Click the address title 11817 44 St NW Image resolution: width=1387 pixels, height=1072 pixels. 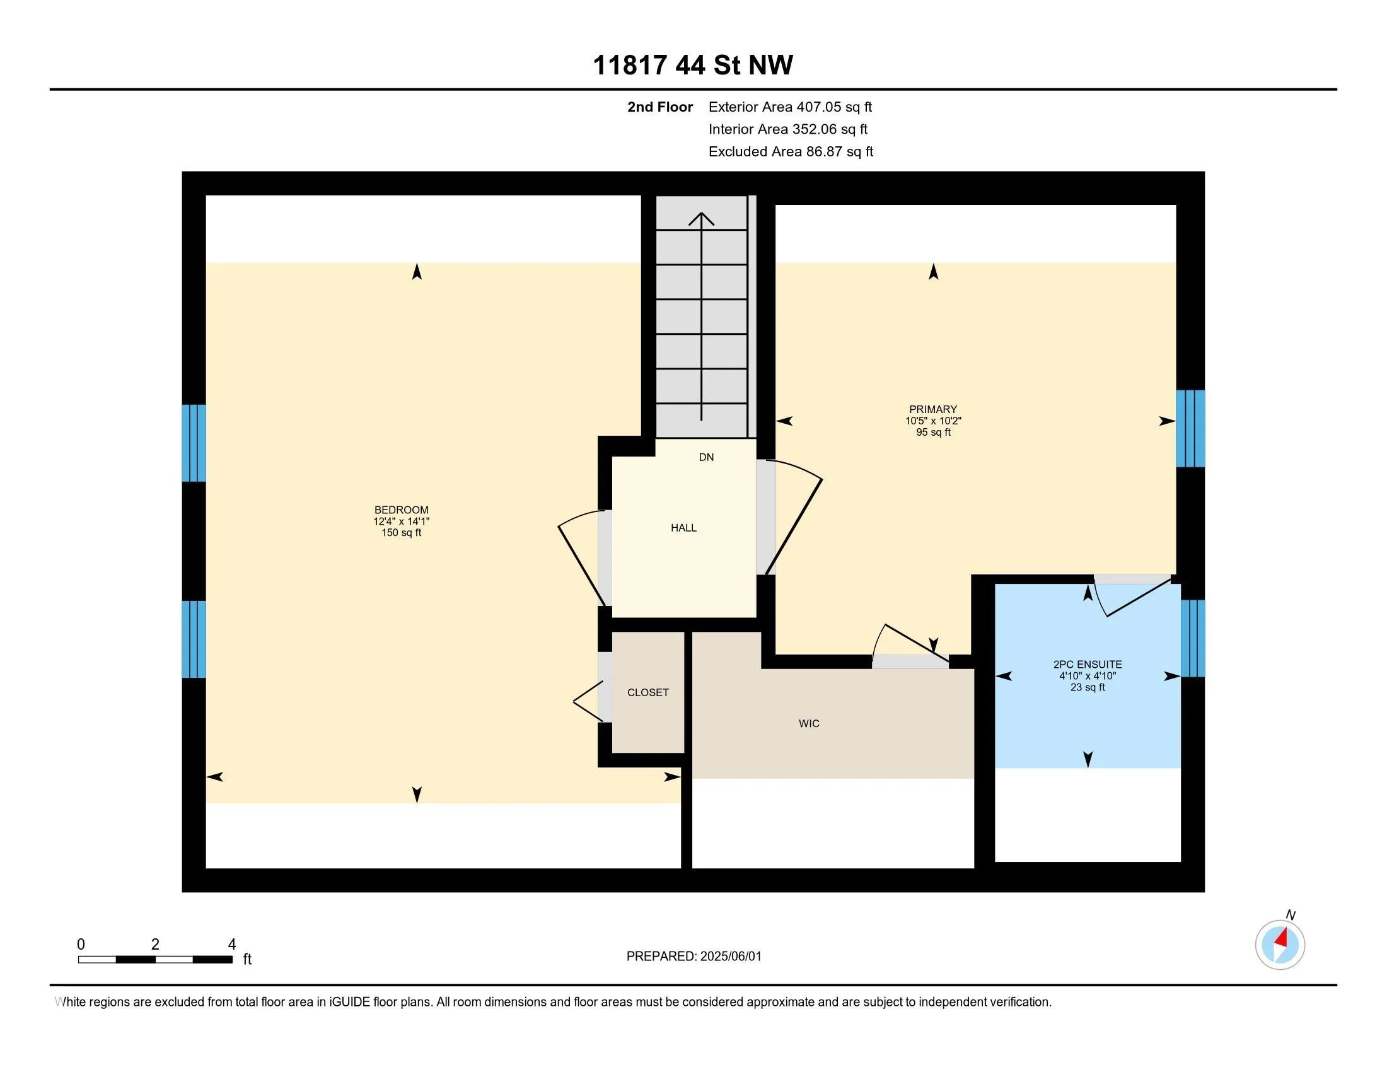tap(693, 65)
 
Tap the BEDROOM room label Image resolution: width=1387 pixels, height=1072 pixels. tap(402, 510)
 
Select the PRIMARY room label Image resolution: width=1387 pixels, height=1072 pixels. tap(933, 410)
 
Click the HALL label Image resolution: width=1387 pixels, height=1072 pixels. tap(683, 528)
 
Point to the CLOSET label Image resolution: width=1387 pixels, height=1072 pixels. tap(647, 692)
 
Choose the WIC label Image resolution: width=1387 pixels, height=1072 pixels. tap(809, 723)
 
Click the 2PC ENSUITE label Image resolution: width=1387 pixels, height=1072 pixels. tap(1088, 664)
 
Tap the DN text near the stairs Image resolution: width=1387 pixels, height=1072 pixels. tap(706, 457)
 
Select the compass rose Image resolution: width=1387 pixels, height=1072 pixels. tap(1280, 945)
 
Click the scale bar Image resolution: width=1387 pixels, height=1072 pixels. tap(155, 959)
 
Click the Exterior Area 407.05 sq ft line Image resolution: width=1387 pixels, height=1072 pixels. tap(790, 107)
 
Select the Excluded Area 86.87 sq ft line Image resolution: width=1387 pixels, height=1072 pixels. tap(791, 152)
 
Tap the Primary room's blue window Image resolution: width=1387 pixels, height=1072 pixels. tap(1190, 429)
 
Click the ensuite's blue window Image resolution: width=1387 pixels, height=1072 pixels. tap(1193, 638)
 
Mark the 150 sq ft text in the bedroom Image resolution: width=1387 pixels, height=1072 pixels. tap(402, 533)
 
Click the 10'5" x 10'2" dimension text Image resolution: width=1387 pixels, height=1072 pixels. tap(933, 421)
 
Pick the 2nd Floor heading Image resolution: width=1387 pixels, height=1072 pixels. tap(660, 107)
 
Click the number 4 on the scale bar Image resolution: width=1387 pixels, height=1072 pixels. tap(232, 945)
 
